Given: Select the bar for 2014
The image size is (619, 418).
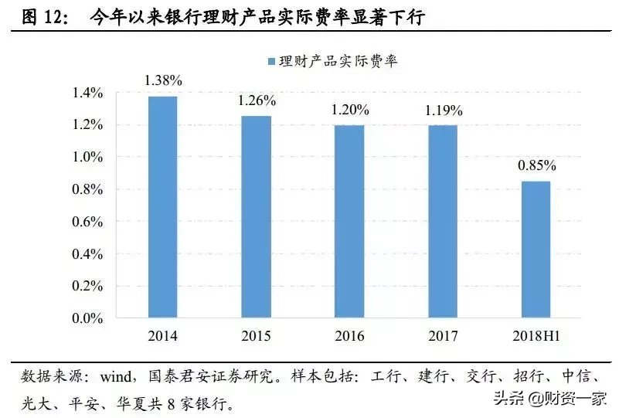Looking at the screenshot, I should pyautogui.click(x=162, y=207).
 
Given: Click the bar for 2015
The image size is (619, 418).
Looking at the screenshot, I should pyautogui.click(x=256, y=217).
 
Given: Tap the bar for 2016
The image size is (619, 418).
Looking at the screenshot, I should pyautogui.click(x=349, y=222).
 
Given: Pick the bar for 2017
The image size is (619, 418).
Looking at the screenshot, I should pyautogui.click(x=443, y=222).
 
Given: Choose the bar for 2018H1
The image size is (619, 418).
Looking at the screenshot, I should pyautogui.click(x=536, y=250).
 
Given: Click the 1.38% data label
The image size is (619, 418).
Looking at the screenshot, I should pyautogui.click(x=162, y=80).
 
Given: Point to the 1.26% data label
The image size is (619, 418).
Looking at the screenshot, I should pyautogui.click(x=257, y=100).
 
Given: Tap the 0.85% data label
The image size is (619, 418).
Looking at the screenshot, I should pyautogui.click(x=536, y=165).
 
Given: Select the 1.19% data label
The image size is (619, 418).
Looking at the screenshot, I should pyautogui.click(x=444, y=110).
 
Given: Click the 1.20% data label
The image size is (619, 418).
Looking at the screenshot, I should pyautogui.click(x=350, y=110).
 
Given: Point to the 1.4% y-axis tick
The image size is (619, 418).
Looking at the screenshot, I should pyautogui.click(x=87, y=93).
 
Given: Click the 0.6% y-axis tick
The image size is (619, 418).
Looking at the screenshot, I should pyautogui.click(x=87, y=222).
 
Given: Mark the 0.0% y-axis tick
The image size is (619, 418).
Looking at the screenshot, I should pyautogui.click(x=87, y=318).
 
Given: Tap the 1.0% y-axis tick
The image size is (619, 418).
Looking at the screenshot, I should pyautogui.click(x=87, y=158).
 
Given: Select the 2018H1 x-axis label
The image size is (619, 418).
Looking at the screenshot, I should pyautogui.click(x=536, y=337).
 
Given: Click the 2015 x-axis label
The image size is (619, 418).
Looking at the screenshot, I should pyautogui.click(x=256, y=337).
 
